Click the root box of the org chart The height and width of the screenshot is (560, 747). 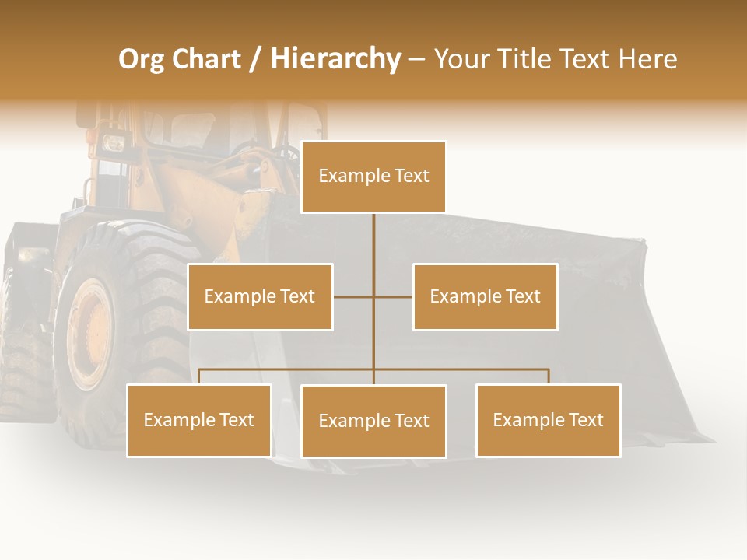pyautogui.click(x=373, y=177)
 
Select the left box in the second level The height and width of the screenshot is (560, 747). pyautogui.click(x=260, y=296)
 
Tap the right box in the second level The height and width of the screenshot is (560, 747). pyautogui.click(x=486, y=296)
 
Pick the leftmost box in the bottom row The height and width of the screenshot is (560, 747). pyautogui.click(x=199, y=420)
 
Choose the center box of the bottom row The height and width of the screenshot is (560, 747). pyautogui.click(x=373, y=421)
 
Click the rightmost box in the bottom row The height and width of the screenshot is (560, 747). pyautogui.click(x=549, y=420)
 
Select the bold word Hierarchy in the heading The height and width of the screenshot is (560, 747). pyautogui.click(x=335, y=59)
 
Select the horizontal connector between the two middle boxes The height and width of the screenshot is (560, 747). pyautogui.click(x=373, y=296)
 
